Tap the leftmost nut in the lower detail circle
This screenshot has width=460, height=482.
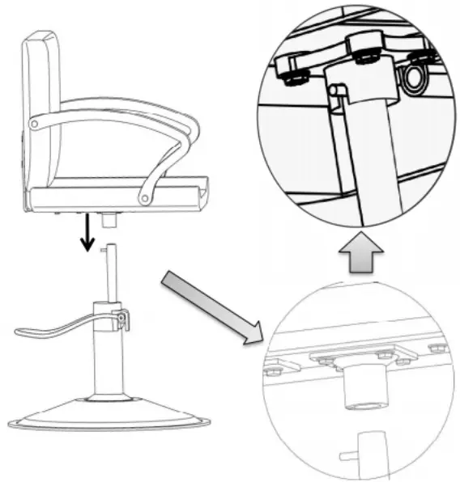coord(271,370)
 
